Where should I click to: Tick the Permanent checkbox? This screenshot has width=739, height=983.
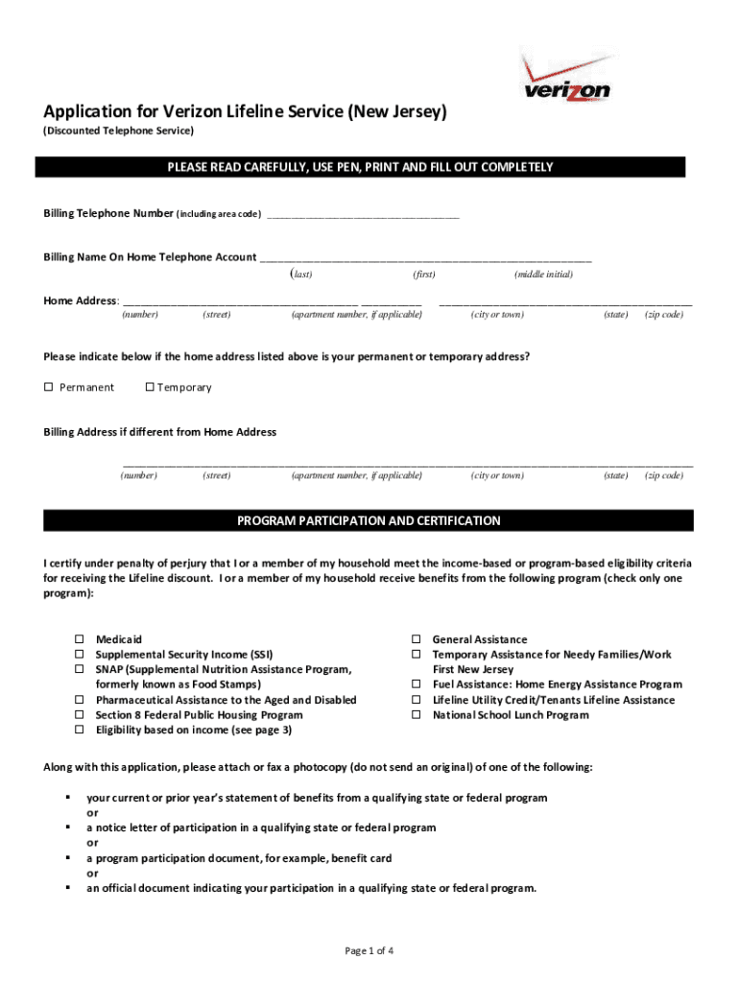[x=48, y=388]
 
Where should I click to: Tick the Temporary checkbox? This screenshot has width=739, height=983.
[x=149, y=388]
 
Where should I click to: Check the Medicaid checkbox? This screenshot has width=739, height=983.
[x=80, y=639]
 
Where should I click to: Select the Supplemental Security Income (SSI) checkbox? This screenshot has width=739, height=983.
[x=80, y=655]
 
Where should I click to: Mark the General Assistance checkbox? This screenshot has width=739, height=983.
[x=417, y=639]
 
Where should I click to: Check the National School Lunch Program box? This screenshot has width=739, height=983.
[x=417, y=715]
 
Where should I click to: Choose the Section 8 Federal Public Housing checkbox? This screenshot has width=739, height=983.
[x=80, y=715]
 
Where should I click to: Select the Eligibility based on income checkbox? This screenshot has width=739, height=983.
[x=80, y=731]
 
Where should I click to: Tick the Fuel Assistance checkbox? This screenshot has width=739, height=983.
[x=417, y=684]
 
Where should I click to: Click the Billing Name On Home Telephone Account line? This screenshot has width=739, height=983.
[x=426, y=258]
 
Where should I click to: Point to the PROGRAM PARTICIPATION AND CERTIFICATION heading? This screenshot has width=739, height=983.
[x=369, y=521]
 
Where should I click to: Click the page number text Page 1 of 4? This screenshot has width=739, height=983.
[x=369, y=951]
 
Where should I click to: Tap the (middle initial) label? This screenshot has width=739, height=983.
[x=543, y=275]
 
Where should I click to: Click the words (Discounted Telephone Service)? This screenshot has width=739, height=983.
[x=118, y=130]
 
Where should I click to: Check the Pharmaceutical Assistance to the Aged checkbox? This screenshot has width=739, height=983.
[x=80, y=700]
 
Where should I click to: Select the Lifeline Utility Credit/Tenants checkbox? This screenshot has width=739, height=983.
[x=417, y=700]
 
